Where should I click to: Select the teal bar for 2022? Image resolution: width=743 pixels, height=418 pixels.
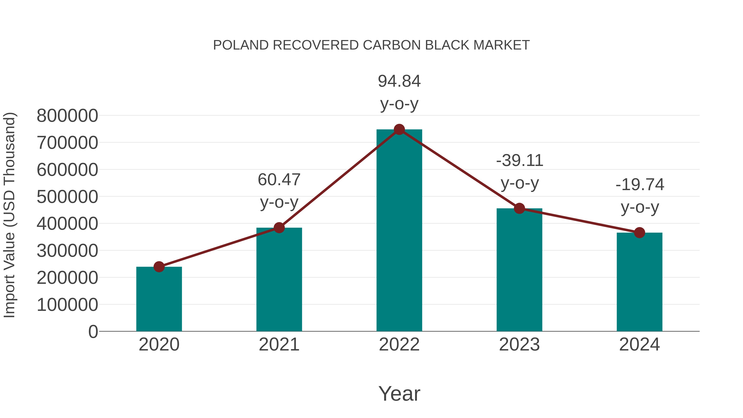[x=399, y=231]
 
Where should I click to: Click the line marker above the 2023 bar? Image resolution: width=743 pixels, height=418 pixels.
[x=519, y=208]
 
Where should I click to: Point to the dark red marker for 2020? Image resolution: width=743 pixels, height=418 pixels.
[x=159, y=267]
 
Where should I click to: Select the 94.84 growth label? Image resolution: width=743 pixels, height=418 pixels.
[x=399, y=81]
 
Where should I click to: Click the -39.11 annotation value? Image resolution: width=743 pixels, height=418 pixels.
[x=519, y=161]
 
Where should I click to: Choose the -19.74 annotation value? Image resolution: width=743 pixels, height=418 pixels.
[x=640, y=185]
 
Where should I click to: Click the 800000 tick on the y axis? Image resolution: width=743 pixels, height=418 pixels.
[x=67, y=116]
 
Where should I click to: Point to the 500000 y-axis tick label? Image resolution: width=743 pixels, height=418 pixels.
[x=67, y=197]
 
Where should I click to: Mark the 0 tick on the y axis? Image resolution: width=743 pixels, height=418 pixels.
[x=93, y=332]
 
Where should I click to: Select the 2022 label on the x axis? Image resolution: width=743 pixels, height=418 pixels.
[x=399, y=345]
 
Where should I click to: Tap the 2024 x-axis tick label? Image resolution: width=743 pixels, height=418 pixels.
[x=639, y=345]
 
